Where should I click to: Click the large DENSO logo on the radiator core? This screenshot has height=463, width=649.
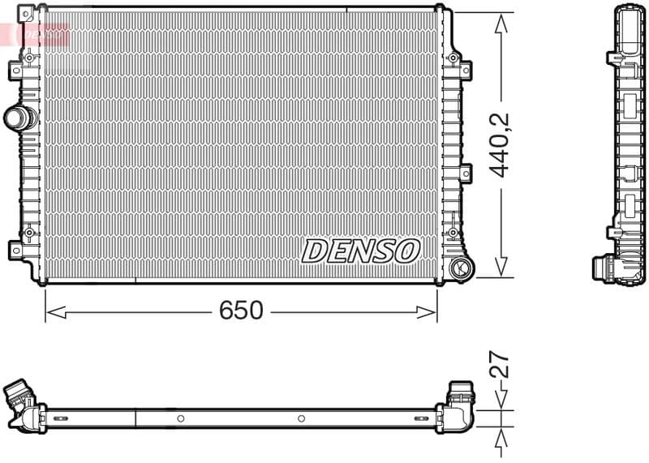(361, 251)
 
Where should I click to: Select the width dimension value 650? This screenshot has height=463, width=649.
(241, 311)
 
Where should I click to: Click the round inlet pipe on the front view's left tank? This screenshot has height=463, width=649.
(19, 118)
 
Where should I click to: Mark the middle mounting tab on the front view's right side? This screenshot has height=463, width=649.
(465, 172)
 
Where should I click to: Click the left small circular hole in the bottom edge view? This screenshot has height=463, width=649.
(180, 418)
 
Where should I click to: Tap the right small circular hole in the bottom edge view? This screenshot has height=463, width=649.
(301, 418)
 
